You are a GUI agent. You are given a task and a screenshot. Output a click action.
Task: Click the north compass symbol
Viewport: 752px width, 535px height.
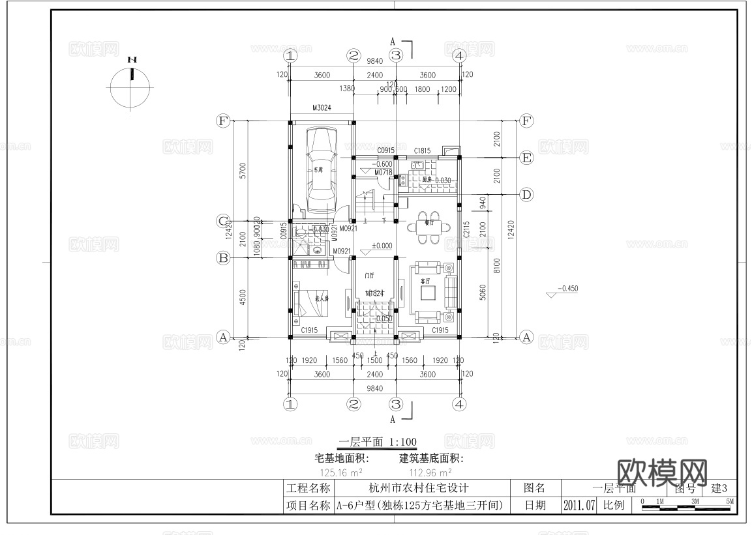[132, 85]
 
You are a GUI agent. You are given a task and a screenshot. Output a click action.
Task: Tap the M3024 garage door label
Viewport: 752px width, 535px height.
[322, 108]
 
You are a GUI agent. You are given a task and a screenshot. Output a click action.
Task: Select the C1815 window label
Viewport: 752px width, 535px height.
[422, 151]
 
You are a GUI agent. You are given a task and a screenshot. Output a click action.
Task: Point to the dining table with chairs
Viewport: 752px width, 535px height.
[429, 227]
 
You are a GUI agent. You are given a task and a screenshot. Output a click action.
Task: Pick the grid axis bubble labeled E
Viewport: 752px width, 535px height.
[526, 158]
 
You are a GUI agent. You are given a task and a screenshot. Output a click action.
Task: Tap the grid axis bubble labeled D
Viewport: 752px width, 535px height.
[526, 194]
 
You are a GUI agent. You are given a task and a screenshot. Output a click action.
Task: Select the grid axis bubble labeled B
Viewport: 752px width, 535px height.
[223, 258]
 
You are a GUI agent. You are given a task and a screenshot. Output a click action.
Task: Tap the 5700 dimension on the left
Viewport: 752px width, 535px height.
[243, 171]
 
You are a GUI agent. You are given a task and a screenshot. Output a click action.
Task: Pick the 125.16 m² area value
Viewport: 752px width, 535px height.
[341, 472]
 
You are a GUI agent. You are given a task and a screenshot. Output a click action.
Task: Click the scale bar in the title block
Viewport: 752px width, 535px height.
[687, 502]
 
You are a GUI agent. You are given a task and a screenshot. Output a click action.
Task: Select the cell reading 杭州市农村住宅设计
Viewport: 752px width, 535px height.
[419, 487]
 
